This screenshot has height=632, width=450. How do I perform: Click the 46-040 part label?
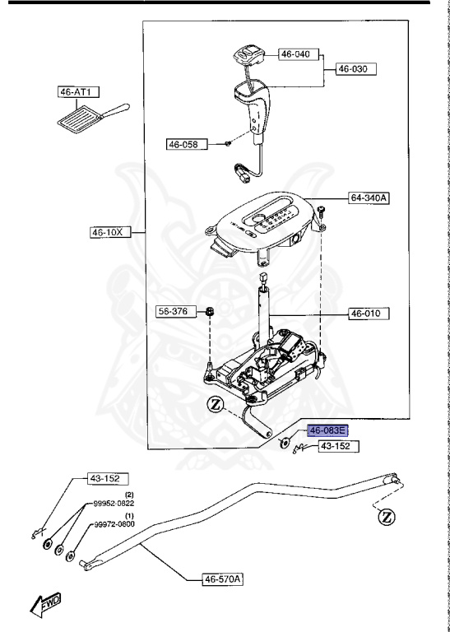pyautogui.click(x=297, y=53)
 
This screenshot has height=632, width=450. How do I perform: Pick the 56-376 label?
pyautogui.click(x=173, y=311)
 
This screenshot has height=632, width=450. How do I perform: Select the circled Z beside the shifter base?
pyautogui.click(x=217, y=404)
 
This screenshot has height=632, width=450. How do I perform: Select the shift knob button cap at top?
pyautogui.click(x=244, y=55)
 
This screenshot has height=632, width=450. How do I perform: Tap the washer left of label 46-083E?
pyautogui.click(x=284, y=444)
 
